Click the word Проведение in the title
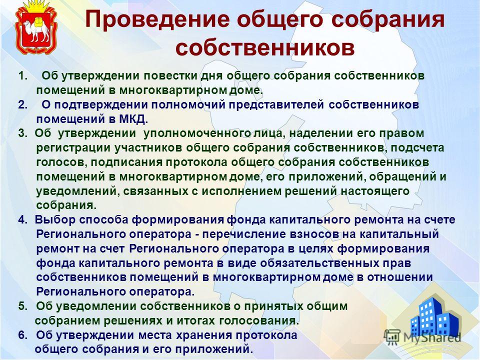pyautogui.click(x=157, y=20)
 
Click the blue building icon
pyautogui.click(x=434, y=317)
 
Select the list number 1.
pyautogui.click(x=22, y=75)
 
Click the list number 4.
pyautogui.click(x=22, y=220)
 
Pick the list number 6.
pyautogui.click(x=22, y=335)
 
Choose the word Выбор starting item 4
pyautogui.click(x=55, y=220)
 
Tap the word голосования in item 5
pyautogui.click(x=259, y=321)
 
